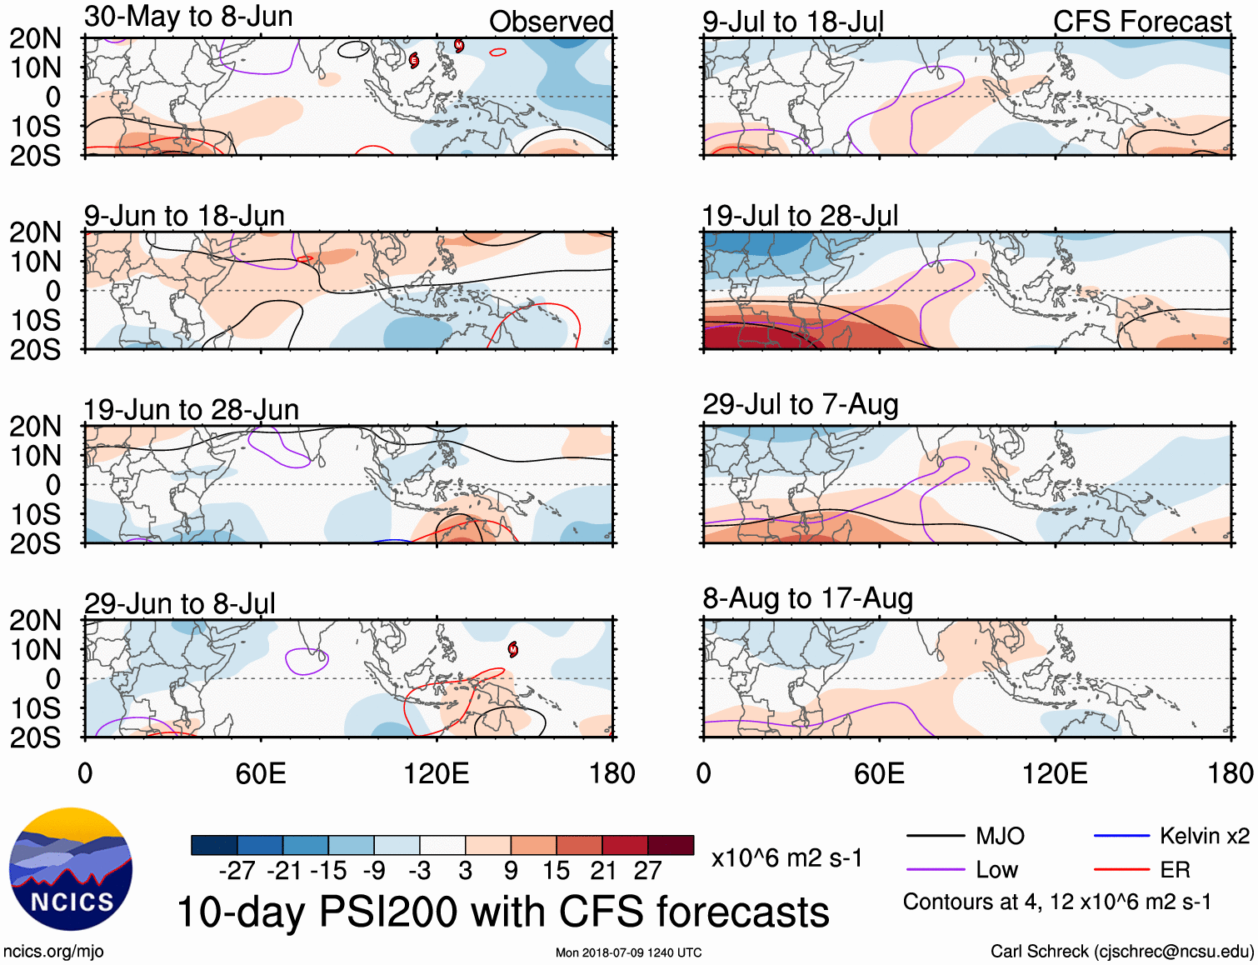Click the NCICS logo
click(71, 869)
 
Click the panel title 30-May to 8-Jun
click(188, 17)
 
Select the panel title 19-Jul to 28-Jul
click(800, 216)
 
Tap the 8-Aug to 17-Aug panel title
click(807, 598)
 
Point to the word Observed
click(551, 22)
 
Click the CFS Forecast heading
click(1141, 22)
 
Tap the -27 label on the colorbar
click(237, 871)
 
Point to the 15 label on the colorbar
click(556, 871)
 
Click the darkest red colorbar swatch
click(671, 845)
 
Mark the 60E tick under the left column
click(261, 773)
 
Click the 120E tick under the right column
click(1055, 773)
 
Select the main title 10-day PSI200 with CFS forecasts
click(503, 912)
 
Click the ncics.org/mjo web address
click(53, 951)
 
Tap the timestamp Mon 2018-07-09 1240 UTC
click(628, 952)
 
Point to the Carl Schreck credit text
click(1121, 951)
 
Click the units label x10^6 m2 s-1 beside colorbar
click(786, 857)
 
